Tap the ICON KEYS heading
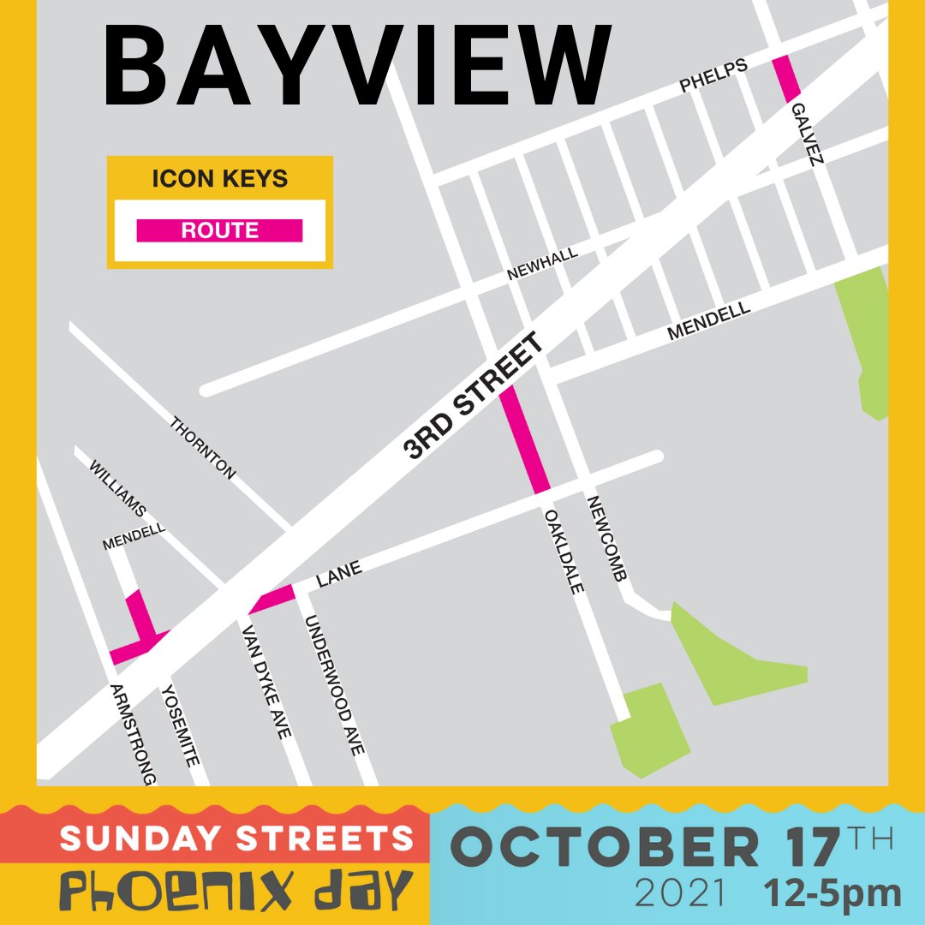[x=219, y=179]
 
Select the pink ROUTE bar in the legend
[x=219, y=230]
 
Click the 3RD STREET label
[x=474, y=397]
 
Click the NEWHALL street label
[x=542, y=264]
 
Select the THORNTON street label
[x=203, y=447]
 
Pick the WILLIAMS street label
[x=118, y=489]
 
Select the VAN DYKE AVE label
[x=266, y=681]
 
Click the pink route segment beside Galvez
[x=786, y=79]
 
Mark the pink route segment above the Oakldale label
[x=524, y=439]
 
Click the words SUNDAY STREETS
[x=231, y=838]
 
